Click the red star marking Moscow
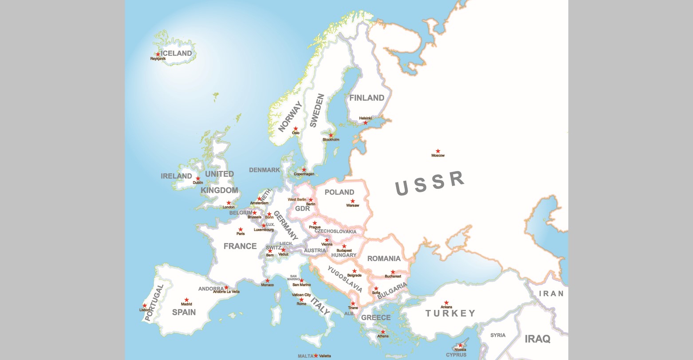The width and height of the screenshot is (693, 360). pos(438,151)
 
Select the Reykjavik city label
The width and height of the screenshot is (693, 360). pos(158,59)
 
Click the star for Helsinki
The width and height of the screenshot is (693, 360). pos(366,123)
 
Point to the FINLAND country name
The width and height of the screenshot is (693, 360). pos(366,98)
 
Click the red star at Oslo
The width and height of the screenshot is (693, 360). pos(295,129)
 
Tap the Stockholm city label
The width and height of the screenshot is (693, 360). pos(331,140)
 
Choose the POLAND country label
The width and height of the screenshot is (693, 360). pos(339,192)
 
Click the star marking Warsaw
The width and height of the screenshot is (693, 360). pos(353,201)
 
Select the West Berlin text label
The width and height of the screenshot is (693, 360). pos(297,200)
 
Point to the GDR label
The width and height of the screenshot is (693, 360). pos(303,208)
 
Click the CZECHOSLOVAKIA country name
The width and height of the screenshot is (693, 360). pos(335,231)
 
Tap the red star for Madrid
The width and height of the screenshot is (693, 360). pos(187,300)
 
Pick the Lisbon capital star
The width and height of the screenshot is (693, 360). pos(145,305)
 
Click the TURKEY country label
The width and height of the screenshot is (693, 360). pos(450,313)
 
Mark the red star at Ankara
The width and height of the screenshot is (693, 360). pos(446,303)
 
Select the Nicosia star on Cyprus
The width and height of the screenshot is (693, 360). pos(461,345)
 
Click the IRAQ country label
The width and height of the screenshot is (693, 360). pos(537,339)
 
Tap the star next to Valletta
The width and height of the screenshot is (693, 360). pos(316,356)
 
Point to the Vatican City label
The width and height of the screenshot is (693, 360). pos(301,295)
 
